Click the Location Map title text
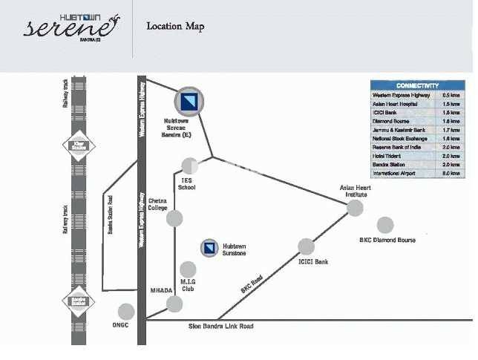175,27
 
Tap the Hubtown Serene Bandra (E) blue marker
189,101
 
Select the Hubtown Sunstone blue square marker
209,248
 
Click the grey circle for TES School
190,166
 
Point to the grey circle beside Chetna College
174,218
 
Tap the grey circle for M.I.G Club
188,269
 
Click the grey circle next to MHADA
174,304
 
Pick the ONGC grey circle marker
126,312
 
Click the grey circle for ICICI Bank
306,246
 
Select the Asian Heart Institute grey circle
356,208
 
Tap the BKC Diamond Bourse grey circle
385,225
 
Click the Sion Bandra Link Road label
221,326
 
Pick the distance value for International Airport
451,173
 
